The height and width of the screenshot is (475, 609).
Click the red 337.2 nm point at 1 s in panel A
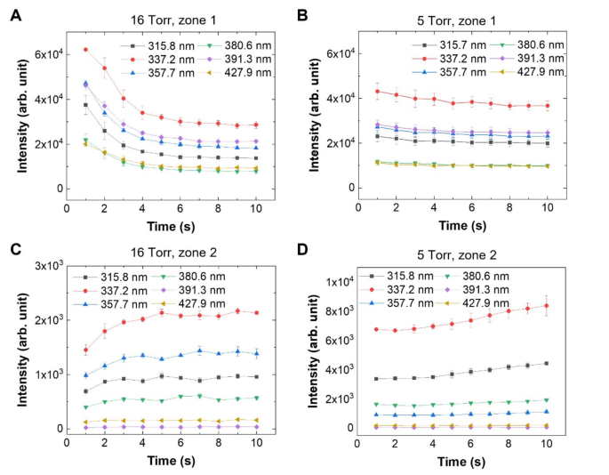tap(86, 50)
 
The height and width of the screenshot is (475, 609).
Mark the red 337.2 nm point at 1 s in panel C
tap(86, 350)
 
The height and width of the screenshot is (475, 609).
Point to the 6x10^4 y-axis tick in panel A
tap(46, 54)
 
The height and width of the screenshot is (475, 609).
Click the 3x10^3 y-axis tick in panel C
tap(46, 266)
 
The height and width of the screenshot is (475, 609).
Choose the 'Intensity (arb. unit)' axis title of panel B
tap(310, 114)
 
